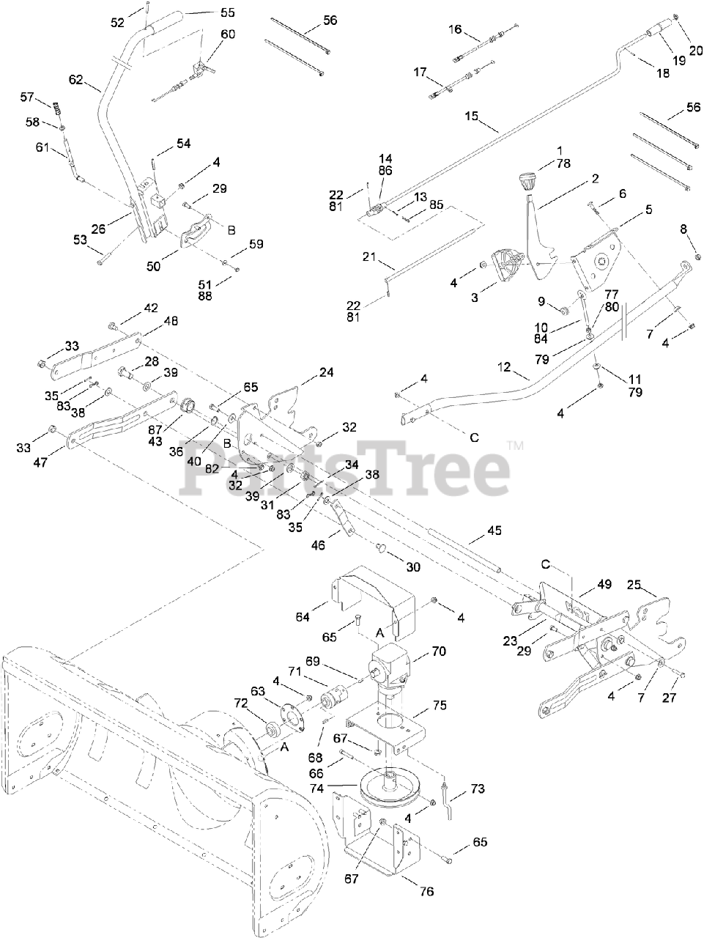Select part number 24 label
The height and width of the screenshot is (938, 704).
(x=326, y=373)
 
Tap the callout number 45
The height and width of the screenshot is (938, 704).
(x=494, y=531)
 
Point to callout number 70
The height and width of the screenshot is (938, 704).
(x=439, y=651)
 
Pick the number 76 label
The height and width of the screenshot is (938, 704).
(x=426, y=892)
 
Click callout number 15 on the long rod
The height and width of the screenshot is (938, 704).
(x=471, y=116)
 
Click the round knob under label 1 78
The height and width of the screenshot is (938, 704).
(x=527, y=180)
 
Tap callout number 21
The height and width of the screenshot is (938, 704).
(x=368, y=256)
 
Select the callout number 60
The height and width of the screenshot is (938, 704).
(x=228, y=34)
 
